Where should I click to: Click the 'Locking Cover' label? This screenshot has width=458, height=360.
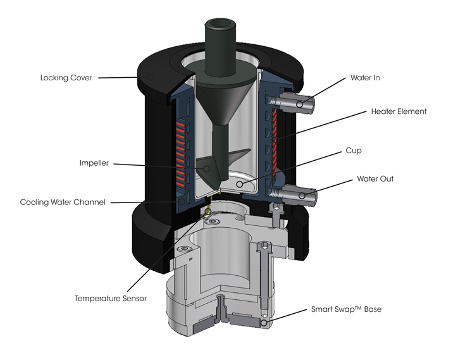[x=66, y=78]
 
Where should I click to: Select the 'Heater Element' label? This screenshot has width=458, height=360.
[x=399, y=111]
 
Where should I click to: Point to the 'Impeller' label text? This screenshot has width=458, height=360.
[x=94, y=163]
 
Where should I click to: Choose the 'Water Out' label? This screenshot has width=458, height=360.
[x=375, y=179]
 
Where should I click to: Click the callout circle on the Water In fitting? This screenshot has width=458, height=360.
[x=299, y=104]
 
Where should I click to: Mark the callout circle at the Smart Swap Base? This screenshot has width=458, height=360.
[x=263, y=324]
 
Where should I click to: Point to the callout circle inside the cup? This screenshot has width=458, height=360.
[x=239, y=183]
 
